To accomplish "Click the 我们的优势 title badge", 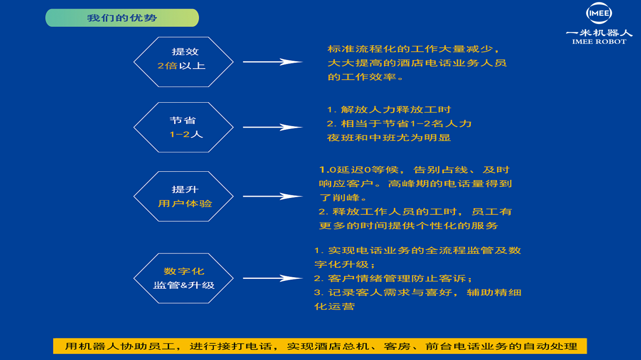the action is point(122,18).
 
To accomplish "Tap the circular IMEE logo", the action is point(599,13).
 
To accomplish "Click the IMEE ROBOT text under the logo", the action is point(599,41).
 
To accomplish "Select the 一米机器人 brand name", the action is point(599,33).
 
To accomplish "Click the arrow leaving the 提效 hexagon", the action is point(273,62).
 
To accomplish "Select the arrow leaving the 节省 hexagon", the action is point(273,127).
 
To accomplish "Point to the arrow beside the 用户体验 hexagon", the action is point(273,196).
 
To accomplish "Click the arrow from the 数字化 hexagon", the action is point(273,278).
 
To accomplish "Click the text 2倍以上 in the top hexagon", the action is point(181,66).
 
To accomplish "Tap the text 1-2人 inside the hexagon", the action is point(186,134).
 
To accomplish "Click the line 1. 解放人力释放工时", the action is point(389,110).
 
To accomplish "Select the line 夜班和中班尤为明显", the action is point(389,138).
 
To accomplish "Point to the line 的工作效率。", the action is point(365,77).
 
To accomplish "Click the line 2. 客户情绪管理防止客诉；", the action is point(393,279).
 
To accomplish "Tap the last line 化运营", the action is point(335,307).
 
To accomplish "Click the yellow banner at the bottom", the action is point(320,346).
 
